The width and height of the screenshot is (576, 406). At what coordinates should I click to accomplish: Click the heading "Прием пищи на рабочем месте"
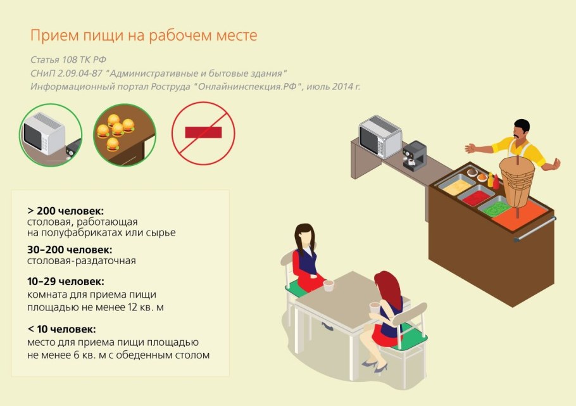pos(144,35)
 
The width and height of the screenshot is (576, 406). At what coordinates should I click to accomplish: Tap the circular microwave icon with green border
pos(51,135)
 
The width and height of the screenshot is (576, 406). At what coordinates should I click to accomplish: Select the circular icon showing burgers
pos(124,135)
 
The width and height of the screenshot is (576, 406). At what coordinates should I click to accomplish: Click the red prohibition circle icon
pos(203,133)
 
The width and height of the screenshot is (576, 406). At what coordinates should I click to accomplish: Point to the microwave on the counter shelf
pos(380,137)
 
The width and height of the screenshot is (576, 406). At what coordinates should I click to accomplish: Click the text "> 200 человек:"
pos(65,210)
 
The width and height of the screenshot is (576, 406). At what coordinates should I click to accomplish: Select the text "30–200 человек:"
pos(70,250)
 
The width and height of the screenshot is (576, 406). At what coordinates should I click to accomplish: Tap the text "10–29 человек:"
pos(66,281)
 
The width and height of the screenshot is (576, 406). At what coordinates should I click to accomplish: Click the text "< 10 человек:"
pos(61,329)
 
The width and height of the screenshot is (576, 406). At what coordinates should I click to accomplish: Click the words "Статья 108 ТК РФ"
pos(68,60)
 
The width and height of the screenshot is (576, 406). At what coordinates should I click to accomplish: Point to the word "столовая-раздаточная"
pos(82,260)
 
